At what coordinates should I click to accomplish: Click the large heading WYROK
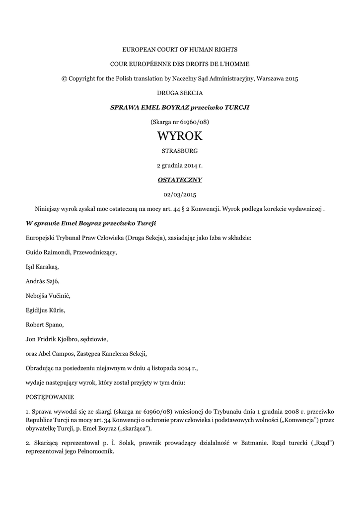pos(180,135)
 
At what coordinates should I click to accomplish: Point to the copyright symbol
pos(64,78)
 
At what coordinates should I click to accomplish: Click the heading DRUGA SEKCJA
pos(180,93)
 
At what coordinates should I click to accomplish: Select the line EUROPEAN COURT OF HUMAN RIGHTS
pos(180,50)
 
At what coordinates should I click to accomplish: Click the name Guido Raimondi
pos(48,252)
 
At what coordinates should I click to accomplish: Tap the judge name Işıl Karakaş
pos(42,266)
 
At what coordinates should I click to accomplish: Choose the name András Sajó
pos(42,281)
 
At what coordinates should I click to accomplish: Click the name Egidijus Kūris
pos(45,311)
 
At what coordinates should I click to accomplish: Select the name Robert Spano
pos(44,325)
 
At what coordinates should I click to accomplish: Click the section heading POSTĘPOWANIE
pos(50,397)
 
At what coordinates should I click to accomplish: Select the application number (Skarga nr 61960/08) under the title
pos(180,122)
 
